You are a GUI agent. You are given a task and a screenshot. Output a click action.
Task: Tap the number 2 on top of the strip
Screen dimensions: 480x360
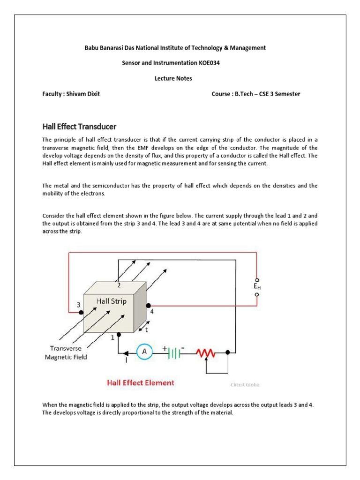(119, 285)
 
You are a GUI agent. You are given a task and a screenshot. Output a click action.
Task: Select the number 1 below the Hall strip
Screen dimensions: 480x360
(112, 337)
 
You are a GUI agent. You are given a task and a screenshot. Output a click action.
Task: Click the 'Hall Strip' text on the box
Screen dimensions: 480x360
(111, 301)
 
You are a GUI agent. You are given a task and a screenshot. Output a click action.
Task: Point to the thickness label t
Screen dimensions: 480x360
(152, 330)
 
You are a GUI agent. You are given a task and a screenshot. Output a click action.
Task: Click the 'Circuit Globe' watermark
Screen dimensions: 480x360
(245, 385)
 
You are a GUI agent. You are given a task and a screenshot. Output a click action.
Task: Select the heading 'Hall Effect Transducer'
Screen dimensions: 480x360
(79, 127)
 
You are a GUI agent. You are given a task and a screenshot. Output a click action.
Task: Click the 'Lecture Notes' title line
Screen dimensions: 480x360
(173, 78)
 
